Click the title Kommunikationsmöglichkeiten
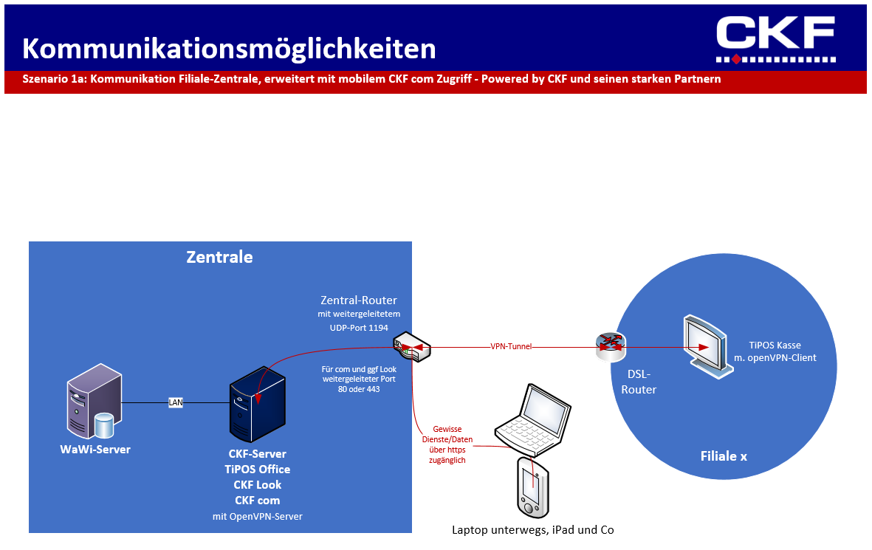[229, 49]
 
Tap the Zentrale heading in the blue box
[219, 257]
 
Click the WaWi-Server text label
[95, 449]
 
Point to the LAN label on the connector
[176, 402]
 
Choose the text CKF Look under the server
[257, 485]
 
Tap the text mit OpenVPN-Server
[257, 517]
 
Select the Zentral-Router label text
[359, 300]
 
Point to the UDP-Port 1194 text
[359, 327]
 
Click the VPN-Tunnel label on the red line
[511, 346]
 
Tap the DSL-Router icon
[611, 346]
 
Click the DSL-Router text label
[639, 382]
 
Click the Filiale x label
[724, 456]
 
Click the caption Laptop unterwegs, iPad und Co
[533, 530]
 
